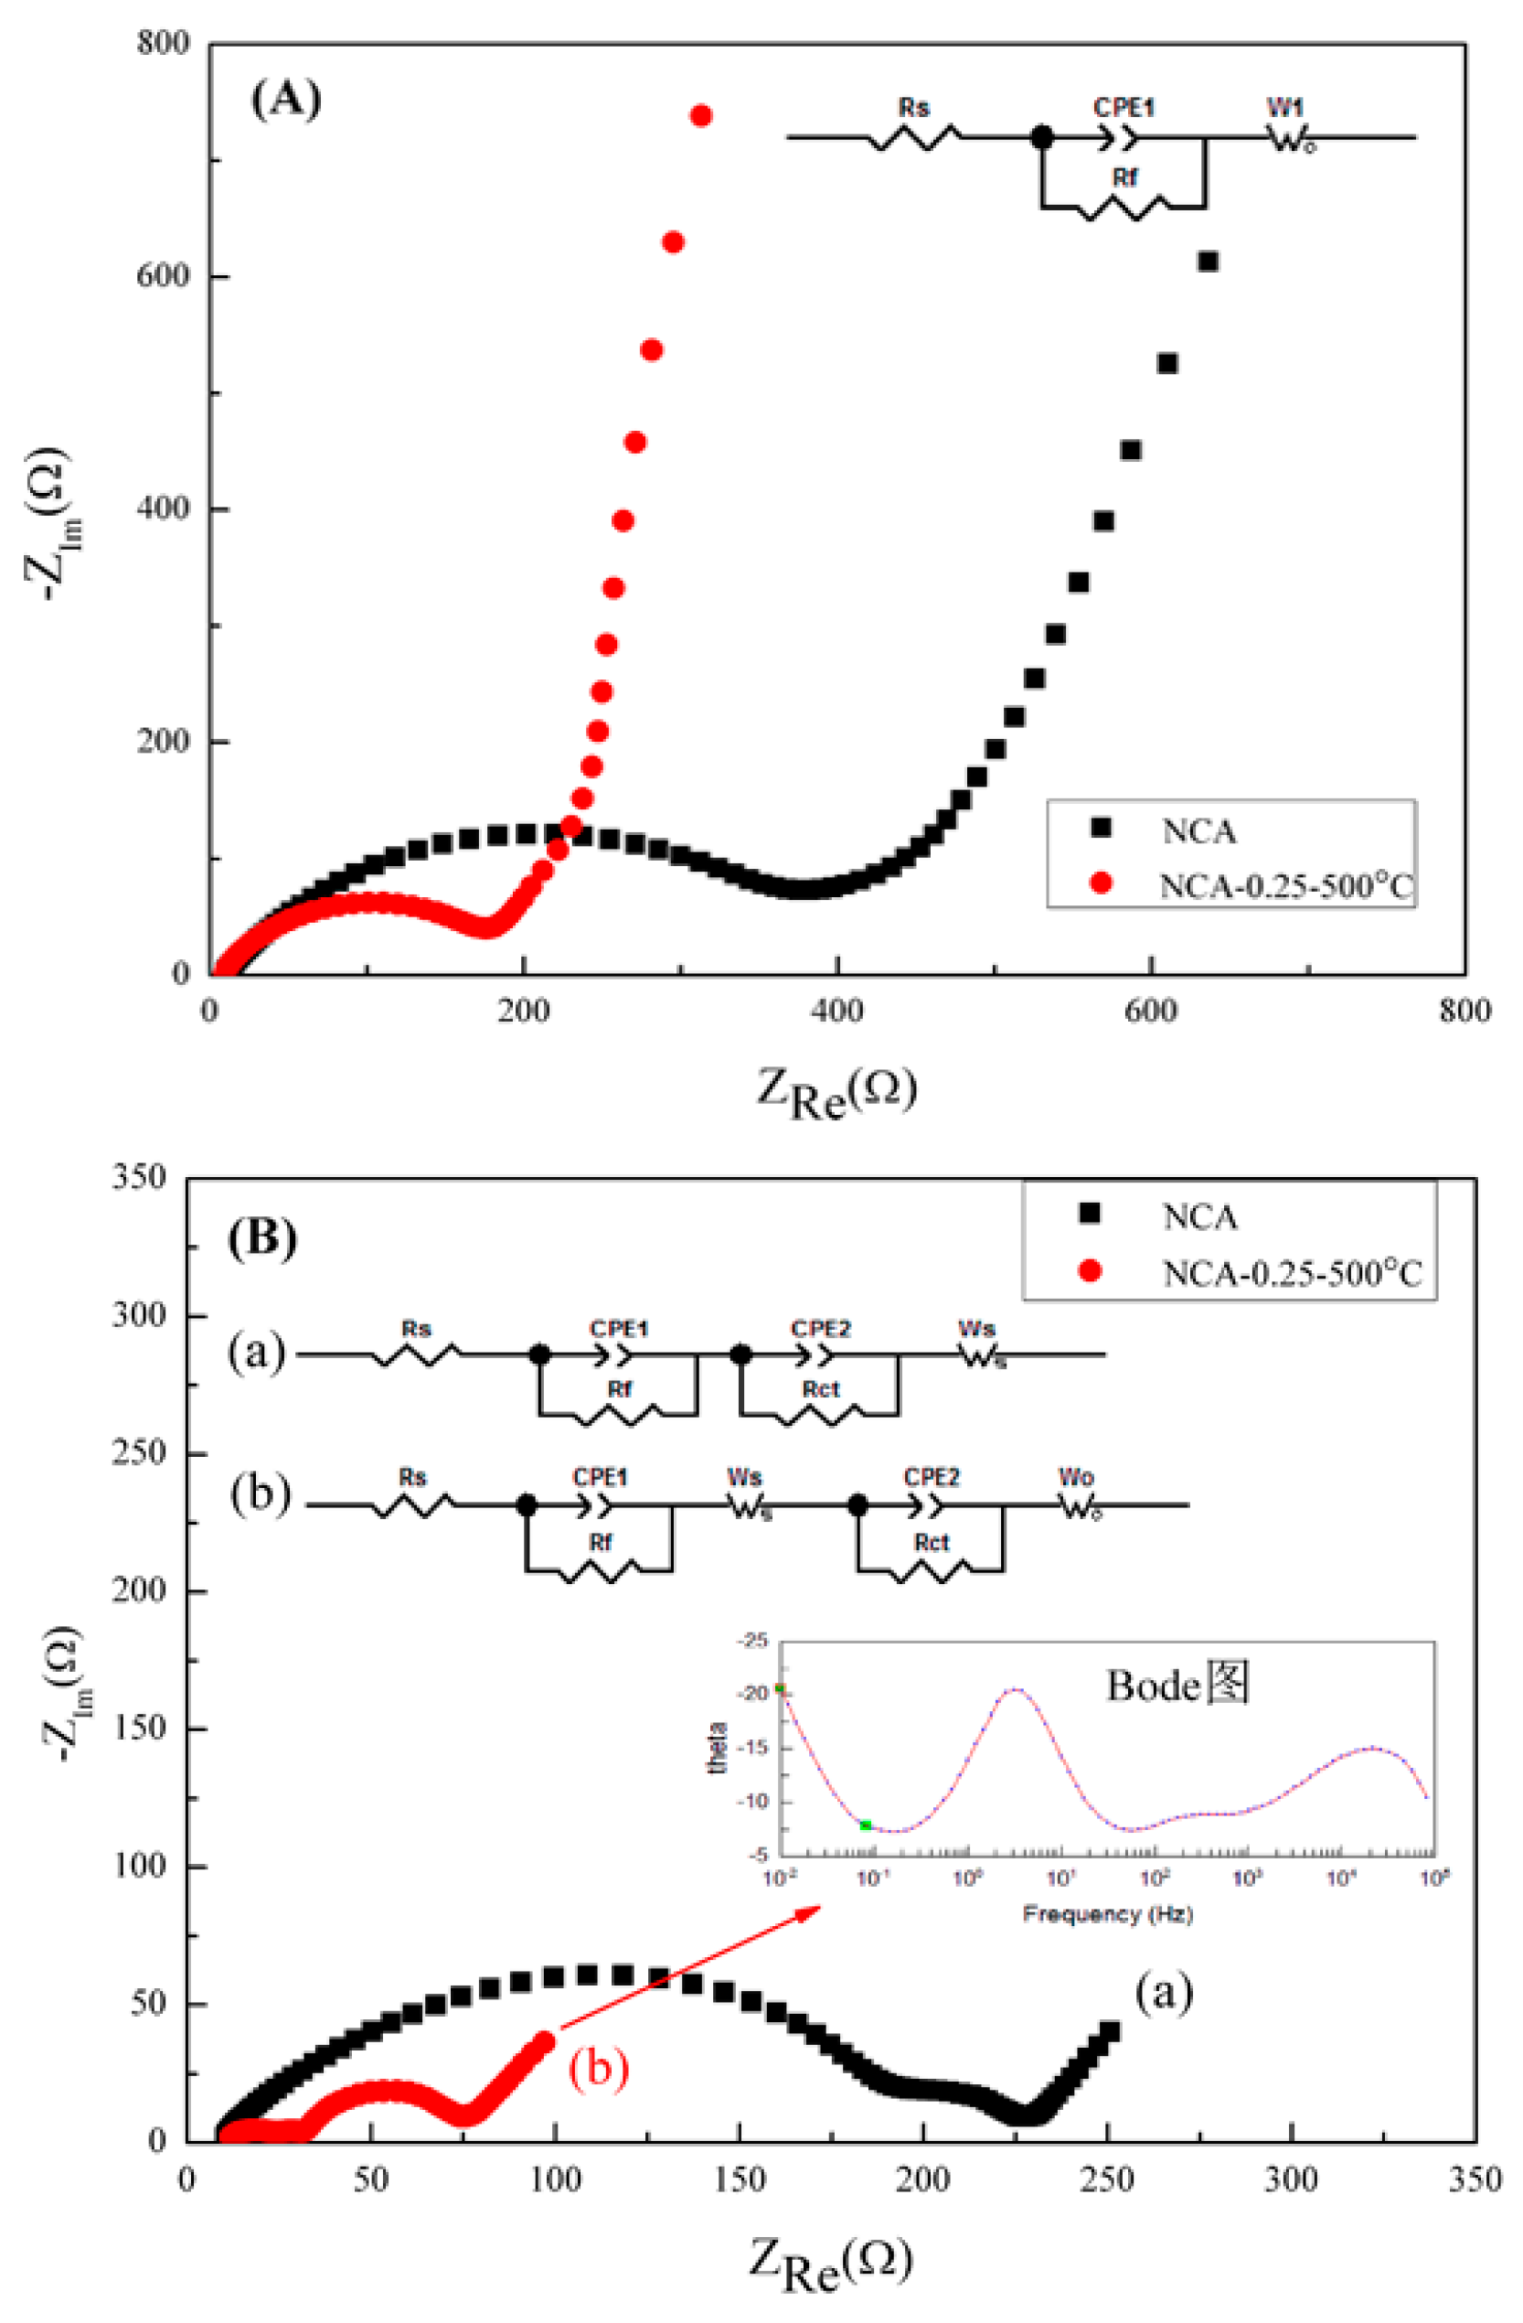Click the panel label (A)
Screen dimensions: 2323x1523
[285, 100]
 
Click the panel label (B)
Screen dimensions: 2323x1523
[261, 1238]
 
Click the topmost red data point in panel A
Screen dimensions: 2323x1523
[700, 116]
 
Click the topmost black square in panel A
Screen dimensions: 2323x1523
[1208, 262]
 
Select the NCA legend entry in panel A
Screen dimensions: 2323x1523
[1198, 831]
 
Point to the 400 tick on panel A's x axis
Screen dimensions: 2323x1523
[836, 1012]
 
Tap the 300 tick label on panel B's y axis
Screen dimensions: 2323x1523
[139, 1315]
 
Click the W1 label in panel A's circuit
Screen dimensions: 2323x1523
[1285, 107]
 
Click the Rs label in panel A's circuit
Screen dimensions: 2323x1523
[913, 107]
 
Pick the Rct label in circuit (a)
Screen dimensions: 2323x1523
[821, 1389]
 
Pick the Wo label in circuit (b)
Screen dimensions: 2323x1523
[1075, 1478]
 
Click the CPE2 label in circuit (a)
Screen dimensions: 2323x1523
[821, 1328]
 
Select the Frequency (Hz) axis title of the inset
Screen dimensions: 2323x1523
[1106, 1913]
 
